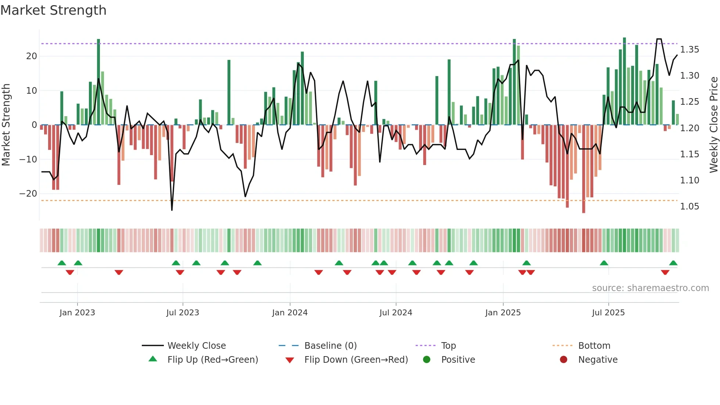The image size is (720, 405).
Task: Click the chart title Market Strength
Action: [53, 10]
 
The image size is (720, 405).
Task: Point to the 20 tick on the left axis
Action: [32, 56]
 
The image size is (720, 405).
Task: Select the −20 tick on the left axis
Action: [29, 194]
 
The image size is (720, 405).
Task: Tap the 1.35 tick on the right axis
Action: [690, 50]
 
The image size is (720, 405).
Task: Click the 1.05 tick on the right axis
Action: [690, 207]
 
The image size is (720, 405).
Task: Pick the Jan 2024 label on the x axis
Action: [289, 313]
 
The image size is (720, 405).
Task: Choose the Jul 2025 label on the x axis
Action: [608, 313]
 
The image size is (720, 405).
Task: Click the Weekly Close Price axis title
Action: [713, 125]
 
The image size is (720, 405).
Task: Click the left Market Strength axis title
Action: [6, 125]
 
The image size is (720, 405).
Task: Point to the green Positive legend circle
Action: [426, 359]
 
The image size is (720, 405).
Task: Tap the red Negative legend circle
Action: [564, 359]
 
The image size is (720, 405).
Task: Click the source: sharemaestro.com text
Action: [650, 288]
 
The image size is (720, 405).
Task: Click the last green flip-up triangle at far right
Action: [673, 263]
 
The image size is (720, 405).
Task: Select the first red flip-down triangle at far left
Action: [70, 272]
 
